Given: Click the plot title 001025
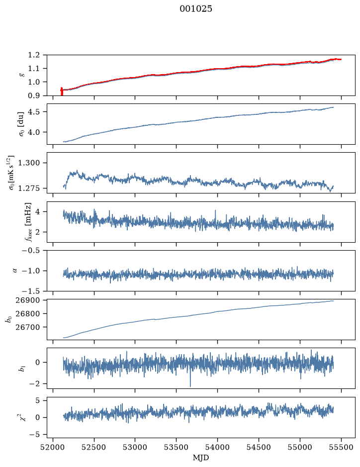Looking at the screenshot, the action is (195, 8).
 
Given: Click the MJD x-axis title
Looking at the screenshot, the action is (201, 458).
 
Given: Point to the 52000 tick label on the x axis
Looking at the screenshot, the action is (53, 447).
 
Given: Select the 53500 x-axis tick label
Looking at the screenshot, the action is (177, 447).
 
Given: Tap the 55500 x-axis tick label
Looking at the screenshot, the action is (341, 447).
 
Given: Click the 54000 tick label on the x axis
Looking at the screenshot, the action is (217, 447).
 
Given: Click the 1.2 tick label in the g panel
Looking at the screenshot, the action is (34, 55).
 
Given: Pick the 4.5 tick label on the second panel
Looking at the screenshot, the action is (34, 112).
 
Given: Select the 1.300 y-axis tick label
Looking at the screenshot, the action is (29, 163).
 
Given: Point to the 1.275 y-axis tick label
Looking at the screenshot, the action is (29, 188).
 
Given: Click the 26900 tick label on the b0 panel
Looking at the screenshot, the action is (27, 300).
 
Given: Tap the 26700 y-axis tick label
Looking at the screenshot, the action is (27, 327).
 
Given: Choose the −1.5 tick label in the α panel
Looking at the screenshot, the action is (31, 291).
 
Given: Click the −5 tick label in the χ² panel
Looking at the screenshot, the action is (34, 435).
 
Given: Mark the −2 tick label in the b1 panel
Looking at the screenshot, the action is (34, 384).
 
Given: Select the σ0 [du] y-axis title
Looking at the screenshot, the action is (21, 124).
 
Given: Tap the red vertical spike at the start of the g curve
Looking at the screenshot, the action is (62, 92).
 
